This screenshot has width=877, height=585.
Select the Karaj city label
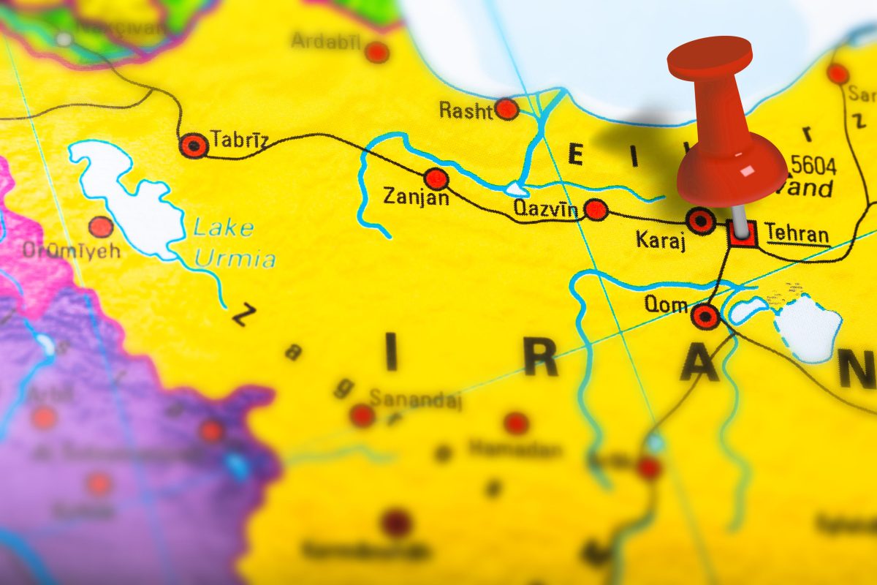coord(661,241)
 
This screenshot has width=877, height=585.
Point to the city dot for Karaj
coord(702,219)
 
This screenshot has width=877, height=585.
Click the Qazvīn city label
coord(545,209)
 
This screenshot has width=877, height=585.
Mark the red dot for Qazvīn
coord(596,210)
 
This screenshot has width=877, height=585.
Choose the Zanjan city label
coord(416,197)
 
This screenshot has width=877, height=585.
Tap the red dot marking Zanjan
coord(436,178)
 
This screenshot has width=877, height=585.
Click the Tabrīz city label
coord(239,140)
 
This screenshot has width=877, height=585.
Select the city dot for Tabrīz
coord(194,146)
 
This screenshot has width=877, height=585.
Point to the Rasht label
coord(466,110)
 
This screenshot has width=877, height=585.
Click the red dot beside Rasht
coord(506,110)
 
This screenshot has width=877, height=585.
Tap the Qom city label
coord(666,303)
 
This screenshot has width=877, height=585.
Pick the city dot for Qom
coord(705,317)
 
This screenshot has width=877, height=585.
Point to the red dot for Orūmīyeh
coord(101,227)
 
